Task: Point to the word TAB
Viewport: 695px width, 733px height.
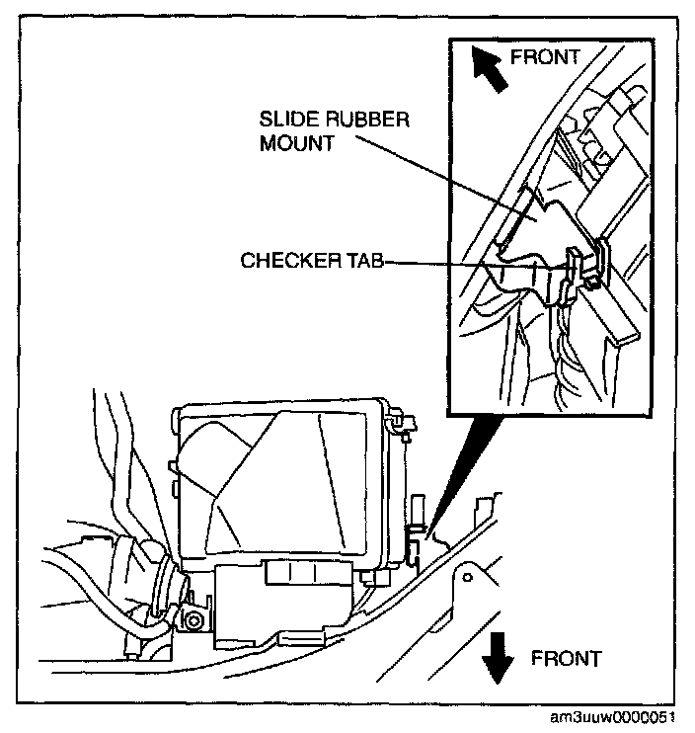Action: [366, 262]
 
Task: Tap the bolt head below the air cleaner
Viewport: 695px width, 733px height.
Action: [193, 621]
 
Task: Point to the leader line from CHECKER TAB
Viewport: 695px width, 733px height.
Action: [474, 262]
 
